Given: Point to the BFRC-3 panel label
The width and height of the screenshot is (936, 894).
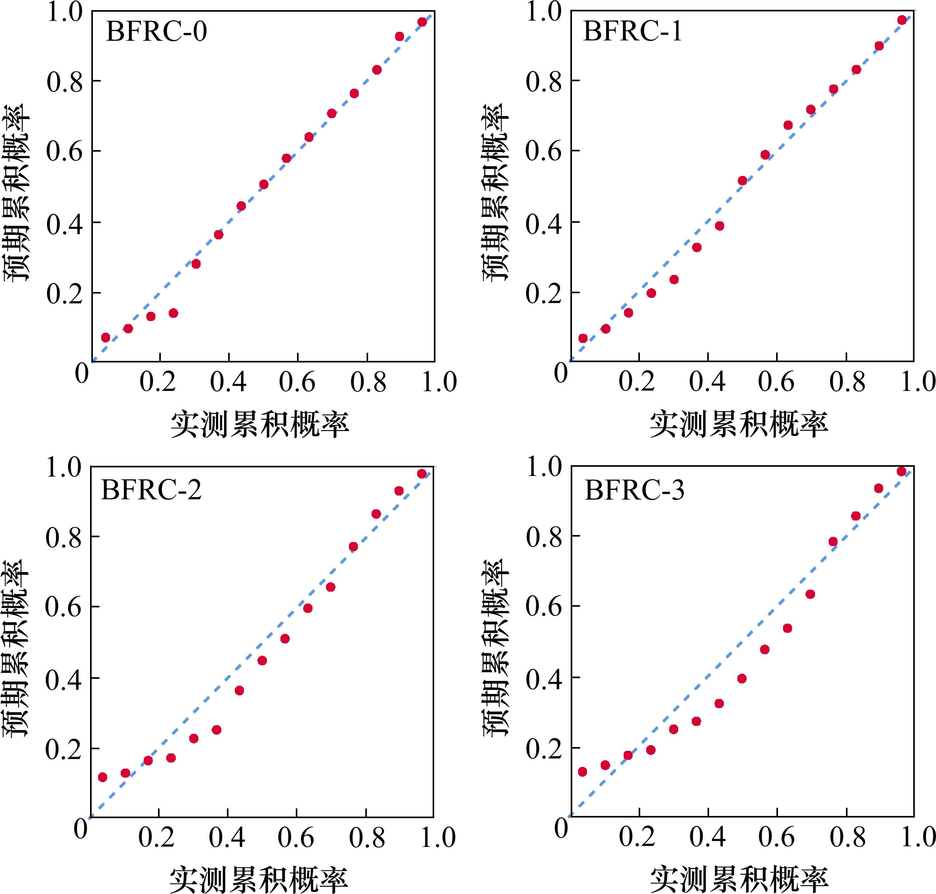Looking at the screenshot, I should tap(634, 490).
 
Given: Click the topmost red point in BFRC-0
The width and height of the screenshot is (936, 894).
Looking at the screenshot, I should tap(422, 22).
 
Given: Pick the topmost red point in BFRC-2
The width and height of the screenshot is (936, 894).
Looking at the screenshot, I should tap(421, 473).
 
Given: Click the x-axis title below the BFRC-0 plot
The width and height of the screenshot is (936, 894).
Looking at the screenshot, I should tap(260, 424).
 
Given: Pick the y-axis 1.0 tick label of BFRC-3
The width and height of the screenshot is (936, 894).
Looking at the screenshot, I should tap(545, 467).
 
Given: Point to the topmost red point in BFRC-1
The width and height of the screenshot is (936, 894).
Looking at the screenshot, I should tap(902, 20).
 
